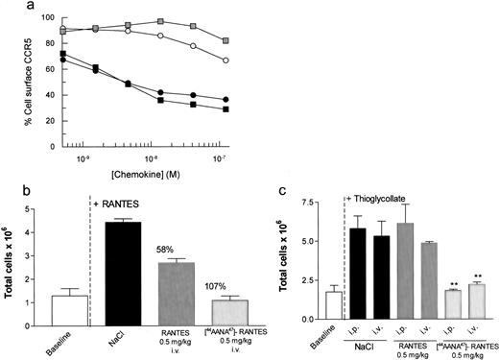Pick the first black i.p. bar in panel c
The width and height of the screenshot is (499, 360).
tap(358, 274)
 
